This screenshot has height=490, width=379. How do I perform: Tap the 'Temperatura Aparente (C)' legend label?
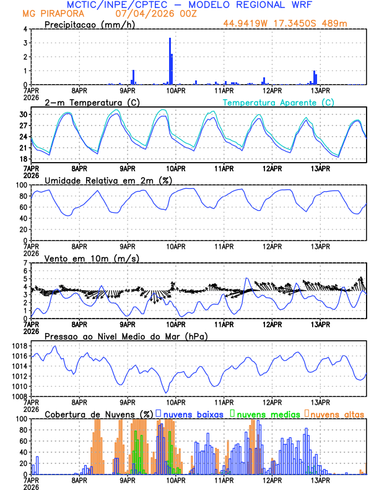[279, 102]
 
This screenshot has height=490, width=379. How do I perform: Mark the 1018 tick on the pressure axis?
[20, 346]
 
